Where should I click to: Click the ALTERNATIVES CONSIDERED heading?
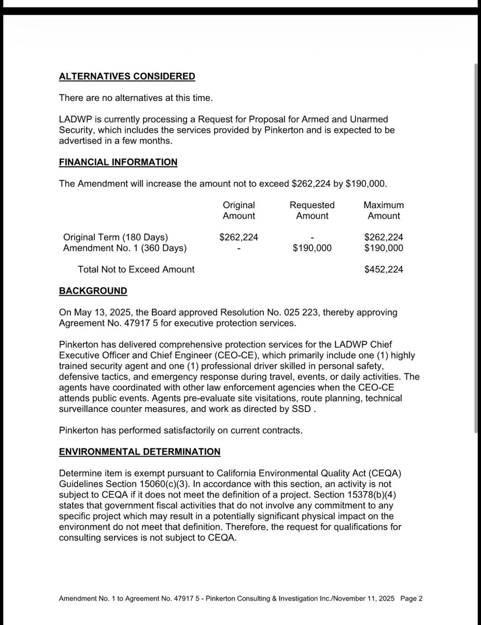(x=127, y=77)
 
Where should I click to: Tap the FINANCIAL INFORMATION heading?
(x=118, y=162)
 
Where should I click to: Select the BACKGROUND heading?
(x=93, y=291)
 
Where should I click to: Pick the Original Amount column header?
(x=239, y=210)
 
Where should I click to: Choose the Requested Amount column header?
(x=312, y=210)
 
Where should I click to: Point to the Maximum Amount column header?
(x=384, y=210)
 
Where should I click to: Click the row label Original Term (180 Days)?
(x=116, y=238)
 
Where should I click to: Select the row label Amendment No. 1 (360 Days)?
(x=124, y=248)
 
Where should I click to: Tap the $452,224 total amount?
(x=384, y=270)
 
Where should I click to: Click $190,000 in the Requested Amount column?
(x=312, y=248)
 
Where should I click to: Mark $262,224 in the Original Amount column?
(x=239, y=238)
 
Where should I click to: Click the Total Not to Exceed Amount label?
(x=136, y=270)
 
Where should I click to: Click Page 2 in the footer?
(x=411, y=599)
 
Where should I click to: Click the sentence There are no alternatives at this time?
(x=136, y=98)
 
